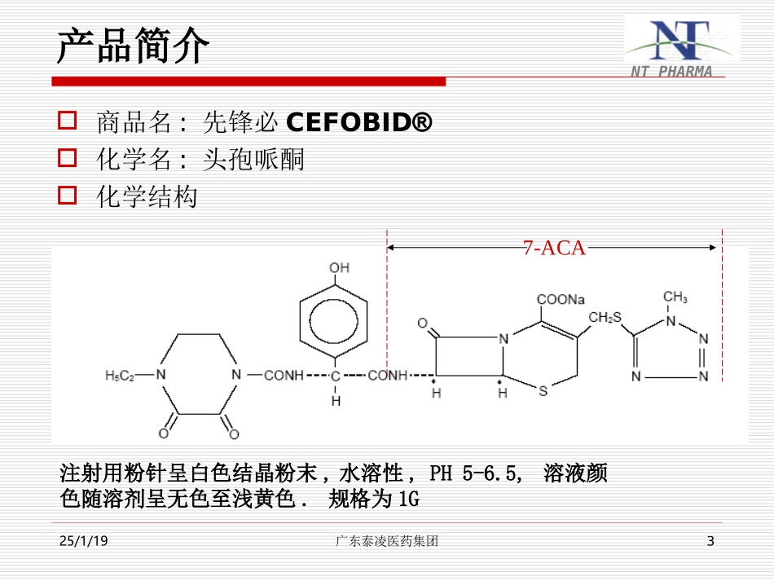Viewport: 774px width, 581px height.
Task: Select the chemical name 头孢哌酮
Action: tap(253, 160)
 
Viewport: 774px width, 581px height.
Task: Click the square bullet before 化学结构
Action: tap(68, 196)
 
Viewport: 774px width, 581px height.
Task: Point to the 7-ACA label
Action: tap(554, 249)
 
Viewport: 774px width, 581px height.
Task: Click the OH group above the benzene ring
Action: tap(339, 268)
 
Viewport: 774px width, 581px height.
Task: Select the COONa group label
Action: tap(561, 299)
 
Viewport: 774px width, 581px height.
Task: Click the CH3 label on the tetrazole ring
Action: tap(675, 297)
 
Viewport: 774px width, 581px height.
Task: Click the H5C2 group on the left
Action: tap(120, 376)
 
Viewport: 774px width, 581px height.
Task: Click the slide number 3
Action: tap(710, 541)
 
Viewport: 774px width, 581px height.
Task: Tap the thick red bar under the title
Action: tap(248, 81)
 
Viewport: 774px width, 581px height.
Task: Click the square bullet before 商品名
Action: tap(68, 122)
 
